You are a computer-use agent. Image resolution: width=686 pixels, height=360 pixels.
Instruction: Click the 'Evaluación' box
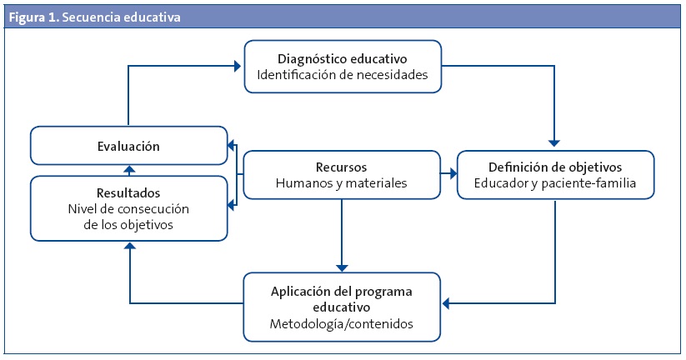(x=128, y=146)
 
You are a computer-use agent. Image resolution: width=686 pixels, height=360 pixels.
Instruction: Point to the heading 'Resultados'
(x=128, y=191)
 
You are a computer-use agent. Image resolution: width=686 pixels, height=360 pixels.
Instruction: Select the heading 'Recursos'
(x=341, y=167)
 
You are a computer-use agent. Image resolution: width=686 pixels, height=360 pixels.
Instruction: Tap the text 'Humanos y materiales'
(x=341, y=182)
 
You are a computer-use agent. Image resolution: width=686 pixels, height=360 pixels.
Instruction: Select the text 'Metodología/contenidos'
(x=341, y=323)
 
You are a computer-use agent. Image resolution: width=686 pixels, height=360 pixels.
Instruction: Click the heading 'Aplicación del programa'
(x=341, y=292)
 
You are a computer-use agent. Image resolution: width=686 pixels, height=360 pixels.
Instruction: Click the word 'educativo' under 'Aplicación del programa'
(x=341, y=307)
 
